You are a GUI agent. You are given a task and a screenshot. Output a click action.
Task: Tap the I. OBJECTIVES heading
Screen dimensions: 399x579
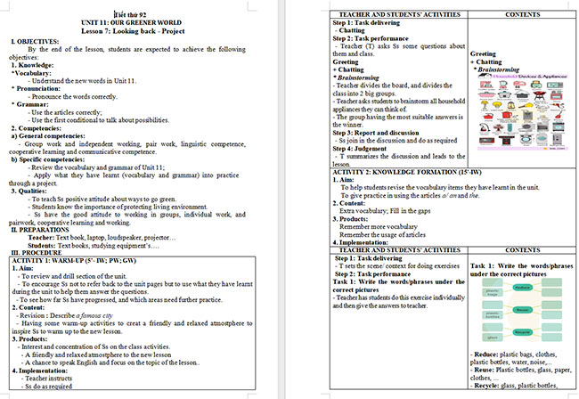(x=36, y=41)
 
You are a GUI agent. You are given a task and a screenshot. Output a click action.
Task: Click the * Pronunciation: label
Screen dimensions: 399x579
(x=37, y=89)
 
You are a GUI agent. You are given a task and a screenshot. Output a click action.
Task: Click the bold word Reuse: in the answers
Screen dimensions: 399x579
(x=485, y=370)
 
